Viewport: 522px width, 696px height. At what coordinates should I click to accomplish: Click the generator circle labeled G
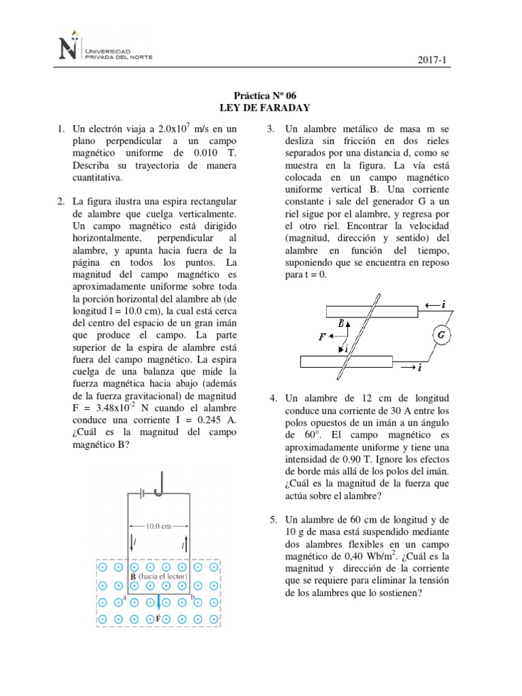point(441,334)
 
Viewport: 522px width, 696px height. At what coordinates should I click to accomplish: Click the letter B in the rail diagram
point(341,325)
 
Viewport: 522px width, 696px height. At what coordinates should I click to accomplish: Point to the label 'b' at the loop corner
point(193,596)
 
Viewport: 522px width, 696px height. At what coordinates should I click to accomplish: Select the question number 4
point(273,398)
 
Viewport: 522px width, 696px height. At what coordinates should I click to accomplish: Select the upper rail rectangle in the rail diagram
point(372,311)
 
